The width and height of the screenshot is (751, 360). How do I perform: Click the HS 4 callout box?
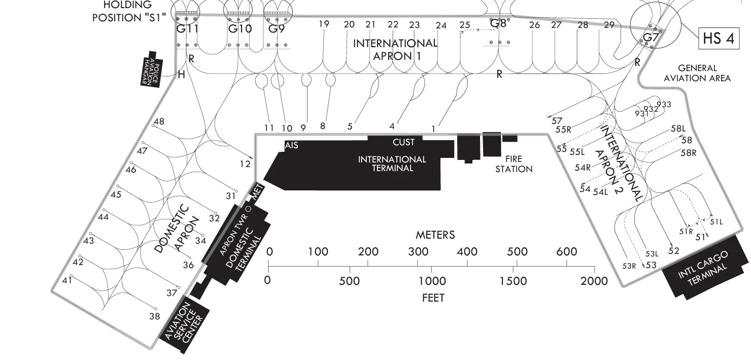pyautogui.click(x=719, y=38)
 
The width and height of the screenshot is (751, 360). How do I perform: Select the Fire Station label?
pyautogui.click(x=514, y=164)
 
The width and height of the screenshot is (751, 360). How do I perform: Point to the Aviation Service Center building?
pyautogui.click(x=184, y=324)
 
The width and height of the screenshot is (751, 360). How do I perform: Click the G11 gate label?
pyautogui.click(x=187, y=29)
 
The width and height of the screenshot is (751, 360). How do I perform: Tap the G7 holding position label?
pyautogui.click(x=651, y=37)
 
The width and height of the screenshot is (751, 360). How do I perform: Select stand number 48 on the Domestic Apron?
pyautogui.click(x=159, y=121)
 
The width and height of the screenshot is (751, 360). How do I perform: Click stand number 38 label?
pyautogui.click(x=155, y=316)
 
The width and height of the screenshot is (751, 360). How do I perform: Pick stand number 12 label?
pyautogui.click(x=245, y=164)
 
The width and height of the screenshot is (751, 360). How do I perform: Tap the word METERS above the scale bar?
pyautogui.click(x=435, y=235)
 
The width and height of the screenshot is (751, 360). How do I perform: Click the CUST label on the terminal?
pyautogui.click(x=403, y=142)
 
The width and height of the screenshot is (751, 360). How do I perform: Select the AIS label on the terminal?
pyautogui.click(x=291, y=145)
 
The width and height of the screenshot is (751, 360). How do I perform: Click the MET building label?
pyautogui.click(x=257, y=192)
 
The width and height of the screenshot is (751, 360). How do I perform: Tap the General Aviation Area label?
pyautogui.click(x=697, y=73)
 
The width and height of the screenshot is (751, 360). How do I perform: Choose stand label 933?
pyautogui.click(x=664, y=105)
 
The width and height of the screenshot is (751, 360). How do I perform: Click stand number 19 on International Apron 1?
pyautogui.click(x=324, y=24)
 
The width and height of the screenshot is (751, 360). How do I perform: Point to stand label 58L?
pyautogui.click(x=678, y=128)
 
